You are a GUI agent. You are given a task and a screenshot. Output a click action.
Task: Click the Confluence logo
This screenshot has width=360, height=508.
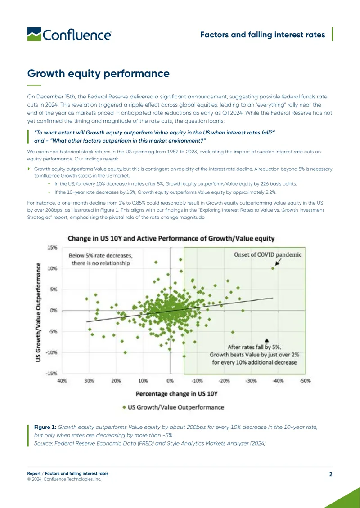[x=69, y=34]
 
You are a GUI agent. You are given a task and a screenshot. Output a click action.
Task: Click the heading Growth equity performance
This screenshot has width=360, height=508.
[x=98, y=73]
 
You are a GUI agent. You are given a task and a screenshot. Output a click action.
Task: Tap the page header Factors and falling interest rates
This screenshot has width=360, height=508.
[x=262, y=35]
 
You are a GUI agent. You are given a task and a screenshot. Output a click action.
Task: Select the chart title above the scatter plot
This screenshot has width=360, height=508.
[x=171, y=239]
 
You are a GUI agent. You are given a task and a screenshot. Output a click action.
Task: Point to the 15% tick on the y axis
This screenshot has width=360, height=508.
[x=53, y=248]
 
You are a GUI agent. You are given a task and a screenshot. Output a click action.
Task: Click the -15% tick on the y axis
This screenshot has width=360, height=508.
[x=52, y=373]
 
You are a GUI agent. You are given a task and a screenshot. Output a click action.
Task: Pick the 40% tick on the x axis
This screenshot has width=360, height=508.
[x=62, y=381]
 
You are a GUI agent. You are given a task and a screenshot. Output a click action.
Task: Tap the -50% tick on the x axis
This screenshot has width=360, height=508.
[x=305, y=381]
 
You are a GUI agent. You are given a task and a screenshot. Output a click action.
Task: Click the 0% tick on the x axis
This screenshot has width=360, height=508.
[x=170, y=381]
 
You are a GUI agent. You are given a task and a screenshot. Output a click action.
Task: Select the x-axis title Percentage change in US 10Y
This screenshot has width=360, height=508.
[x=176, y=394]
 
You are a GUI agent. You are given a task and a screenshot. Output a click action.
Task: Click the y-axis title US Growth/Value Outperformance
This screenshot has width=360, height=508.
[x=38, y=312]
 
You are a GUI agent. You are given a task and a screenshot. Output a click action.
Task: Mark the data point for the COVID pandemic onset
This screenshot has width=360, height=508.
[x=273, y=268]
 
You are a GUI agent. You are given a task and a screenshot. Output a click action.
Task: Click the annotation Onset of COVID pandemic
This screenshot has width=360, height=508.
[x=268, y=254]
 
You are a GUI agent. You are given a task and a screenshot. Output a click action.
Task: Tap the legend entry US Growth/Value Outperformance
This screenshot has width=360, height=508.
[x=174, y=407]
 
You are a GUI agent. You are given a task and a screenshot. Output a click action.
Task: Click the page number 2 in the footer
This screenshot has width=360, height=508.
[x=331, y=474]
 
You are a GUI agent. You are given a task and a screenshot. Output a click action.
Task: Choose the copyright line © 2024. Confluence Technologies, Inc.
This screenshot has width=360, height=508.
[x=64, y=479]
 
